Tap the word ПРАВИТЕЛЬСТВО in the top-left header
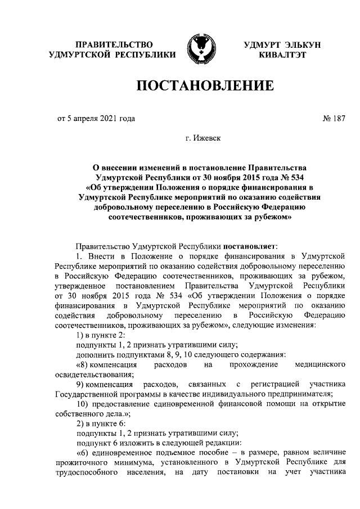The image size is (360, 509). tap(114, 44)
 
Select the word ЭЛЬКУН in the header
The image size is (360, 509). tap(301, 44)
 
